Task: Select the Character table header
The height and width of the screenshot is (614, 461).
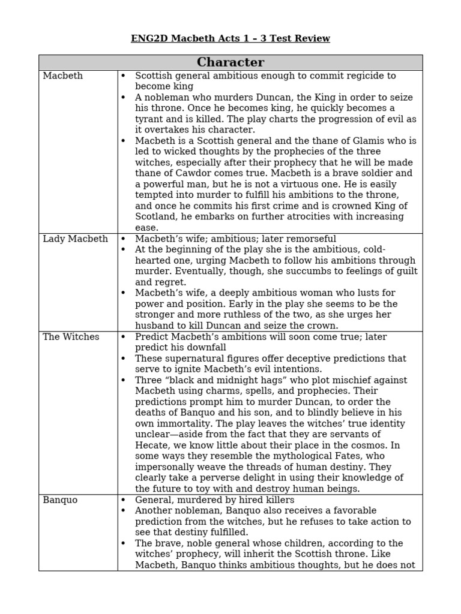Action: pos(230,62)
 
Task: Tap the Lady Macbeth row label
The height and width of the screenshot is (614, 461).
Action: pos(75,239)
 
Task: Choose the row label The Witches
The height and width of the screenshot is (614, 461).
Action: pos(71,337)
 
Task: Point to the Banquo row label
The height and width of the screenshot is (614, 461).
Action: pos(60,500)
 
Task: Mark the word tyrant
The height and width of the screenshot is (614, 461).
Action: pos(149,119)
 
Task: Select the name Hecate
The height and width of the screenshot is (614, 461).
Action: pos(151,446)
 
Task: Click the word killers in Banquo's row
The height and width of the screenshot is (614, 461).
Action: pos(277,500)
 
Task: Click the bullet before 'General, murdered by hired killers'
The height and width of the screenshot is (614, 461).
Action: pos(124,500)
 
